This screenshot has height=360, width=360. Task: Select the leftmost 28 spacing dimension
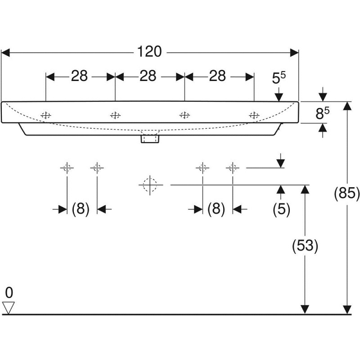click(79, 76)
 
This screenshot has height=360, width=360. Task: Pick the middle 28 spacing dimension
click(148, 76)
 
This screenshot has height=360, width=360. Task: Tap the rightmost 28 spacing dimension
click(217, 76)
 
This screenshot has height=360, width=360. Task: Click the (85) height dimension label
click(347, 194)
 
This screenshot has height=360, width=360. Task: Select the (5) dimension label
click(281, 209)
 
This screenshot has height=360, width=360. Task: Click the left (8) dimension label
click(80, 209)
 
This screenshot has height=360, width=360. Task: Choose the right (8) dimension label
click(216, 209)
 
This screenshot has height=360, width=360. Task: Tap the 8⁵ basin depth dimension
click(323, 114)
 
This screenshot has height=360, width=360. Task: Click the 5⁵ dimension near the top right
click(279, 78)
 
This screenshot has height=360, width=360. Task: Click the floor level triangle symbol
click(8, 307)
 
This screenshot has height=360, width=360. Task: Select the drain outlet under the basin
click(149, 138)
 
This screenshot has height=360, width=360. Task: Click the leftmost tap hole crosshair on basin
click(46, 115)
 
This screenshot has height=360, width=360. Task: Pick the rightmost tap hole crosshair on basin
click(254, 115)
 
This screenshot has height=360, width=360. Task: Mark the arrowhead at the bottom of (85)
click(347, 309)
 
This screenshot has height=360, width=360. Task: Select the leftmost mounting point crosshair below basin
click(67, 167)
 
